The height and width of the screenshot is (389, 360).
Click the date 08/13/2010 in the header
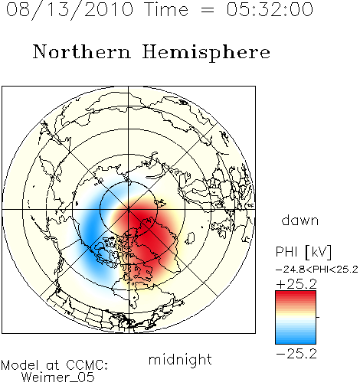(70, 10)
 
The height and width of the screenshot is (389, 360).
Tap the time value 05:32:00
(270, 9)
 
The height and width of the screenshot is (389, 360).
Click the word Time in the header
(166, 9)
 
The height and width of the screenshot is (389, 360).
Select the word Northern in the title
(82, 51)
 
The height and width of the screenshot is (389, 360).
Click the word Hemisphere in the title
(206, 53)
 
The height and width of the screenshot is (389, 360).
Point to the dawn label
(300, 220)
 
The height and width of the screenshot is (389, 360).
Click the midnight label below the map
(180, 359)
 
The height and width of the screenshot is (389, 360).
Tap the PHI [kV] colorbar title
(303, 252)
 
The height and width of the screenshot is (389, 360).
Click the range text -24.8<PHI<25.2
(317, 270)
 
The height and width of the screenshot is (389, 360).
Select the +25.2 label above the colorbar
(296, 284)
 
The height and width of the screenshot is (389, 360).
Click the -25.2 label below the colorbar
(296, 354)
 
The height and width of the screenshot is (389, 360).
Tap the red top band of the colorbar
(296, 294)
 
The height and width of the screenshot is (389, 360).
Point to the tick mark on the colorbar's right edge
(318, 317)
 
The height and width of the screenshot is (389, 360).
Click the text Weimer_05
(58, 377)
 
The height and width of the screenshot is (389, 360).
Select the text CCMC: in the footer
(87, 364)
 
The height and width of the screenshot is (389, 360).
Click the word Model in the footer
(20, 364)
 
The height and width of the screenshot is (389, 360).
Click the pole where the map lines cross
(129, 209)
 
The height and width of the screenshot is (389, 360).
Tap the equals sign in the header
(208, 11)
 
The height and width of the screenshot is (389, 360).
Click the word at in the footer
(52, 365)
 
